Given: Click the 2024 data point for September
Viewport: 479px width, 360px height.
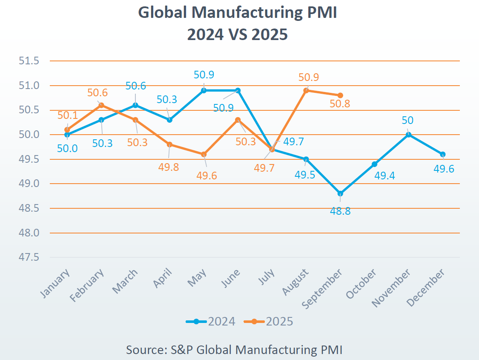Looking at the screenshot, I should click(340, 194).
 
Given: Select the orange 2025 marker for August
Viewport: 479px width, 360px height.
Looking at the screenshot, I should click(306, 90).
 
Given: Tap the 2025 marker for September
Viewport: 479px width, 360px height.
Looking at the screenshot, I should click(340, 95).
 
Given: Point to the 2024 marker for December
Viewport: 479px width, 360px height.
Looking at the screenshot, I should click(443, 154).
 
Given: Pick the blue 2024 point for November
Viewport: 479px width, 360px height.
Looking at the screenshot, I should click(409, 135).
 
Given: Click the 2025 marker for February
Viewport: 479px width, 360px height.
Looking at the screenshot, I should click(101, 105).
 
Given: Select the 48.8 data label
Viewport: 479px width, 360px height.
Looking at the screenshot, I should click(340, 211).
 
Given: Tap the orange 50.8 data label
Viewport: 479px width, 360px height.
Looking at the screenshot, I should click(339, 104).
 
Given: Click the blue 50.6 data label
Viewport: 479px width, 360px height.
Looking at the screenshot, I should click(135, 86).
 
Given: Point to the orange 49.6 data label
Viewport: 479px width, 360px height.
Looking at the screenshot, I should click(206, 175).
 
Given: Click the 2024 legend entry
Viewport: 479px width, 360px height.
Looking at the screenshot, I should click(211, 321).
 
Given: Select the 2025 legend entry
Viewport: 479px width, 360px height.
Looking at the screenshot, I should click(269, 321).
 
